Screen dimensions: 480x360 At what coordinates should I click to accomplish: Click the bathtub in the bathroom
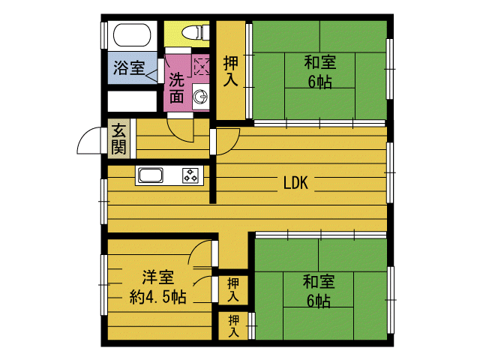132,35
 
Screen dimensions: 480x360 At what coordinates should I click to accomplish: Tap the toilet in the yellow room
196,32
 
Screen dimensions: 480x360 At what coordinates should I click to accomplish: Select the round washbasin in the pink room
200,97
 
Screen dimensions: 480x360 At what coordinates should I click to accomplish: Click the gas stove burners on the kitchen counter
190,175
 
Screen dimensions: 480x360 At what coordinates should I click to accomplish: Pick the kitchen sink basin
150,175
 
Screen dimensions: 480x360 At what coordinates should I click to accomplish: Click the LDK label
295,183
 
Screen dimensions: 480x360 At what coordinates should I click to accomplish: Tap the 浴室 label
129,67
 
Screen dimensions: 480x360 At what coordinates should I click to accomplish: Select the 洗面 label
177,88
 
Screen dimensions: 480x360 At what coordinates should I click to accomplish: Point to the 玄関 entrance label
118,139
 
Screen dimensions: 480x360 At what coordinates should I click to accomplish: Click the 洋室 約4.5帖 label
157,287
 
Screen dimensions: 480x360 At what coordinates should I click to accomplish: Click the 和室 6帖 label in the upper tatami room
320,72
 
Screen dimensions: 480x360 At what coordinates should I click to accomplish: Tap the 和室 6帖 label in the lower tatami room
319,291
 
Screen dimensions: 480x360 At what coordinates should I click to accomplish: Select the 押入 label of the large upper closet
230,71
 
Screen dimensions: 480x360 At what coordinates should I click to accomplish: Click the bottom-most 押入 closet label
233,326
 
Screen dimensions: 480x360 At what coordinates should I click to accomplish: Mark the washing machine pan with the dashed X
202,67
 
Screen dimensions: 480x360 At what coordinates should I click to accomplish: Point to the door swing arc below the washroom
181,132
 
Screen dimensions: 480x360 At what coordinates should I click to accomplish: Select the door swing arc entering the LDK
228,142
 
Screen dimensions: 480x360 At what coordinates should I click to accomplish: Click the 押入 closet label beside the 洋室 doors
233,289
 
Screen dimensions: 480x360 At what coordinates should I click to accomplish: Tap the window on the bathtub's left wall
104,35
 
